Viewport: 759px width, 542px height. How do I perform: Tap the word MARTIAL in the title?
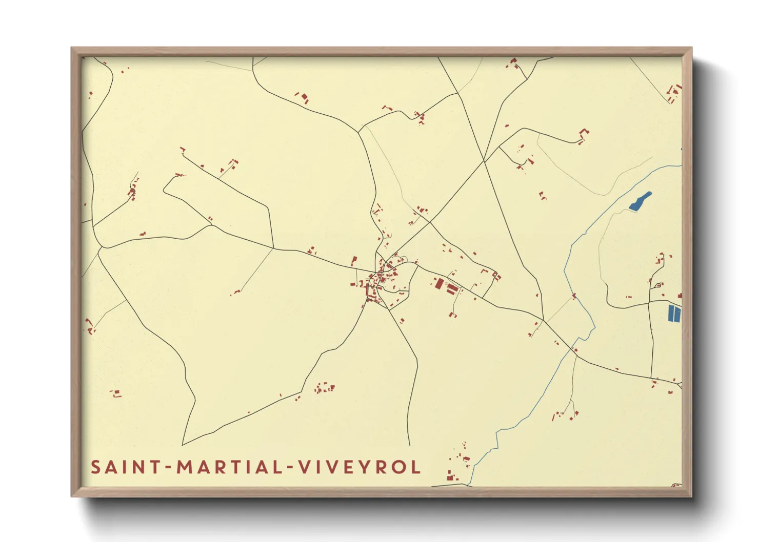[x=230, y=467]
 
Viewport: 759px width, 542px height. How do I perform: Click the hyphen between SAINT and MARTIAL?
[x=168, y=468]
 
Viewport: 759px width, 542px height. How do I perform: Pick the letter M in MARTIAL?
[x=185, y=467]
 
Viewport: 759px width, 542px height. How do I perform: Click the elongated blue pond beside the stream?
[x=641, y=201]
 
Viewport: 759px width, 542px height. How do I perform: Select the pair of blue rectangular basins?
[x=674, y=313]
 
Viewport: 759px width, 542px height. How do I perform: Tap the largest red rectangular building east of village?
[x=439, y=283]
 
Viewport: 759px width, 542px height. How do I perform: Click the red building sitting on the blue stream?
[x=574, y=296]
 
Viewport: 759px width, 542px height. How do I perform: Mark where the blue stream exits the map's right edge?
[x=680, y=165]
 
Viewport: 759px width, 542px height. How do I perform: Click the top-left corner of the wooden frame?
[x=72, y=48]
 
